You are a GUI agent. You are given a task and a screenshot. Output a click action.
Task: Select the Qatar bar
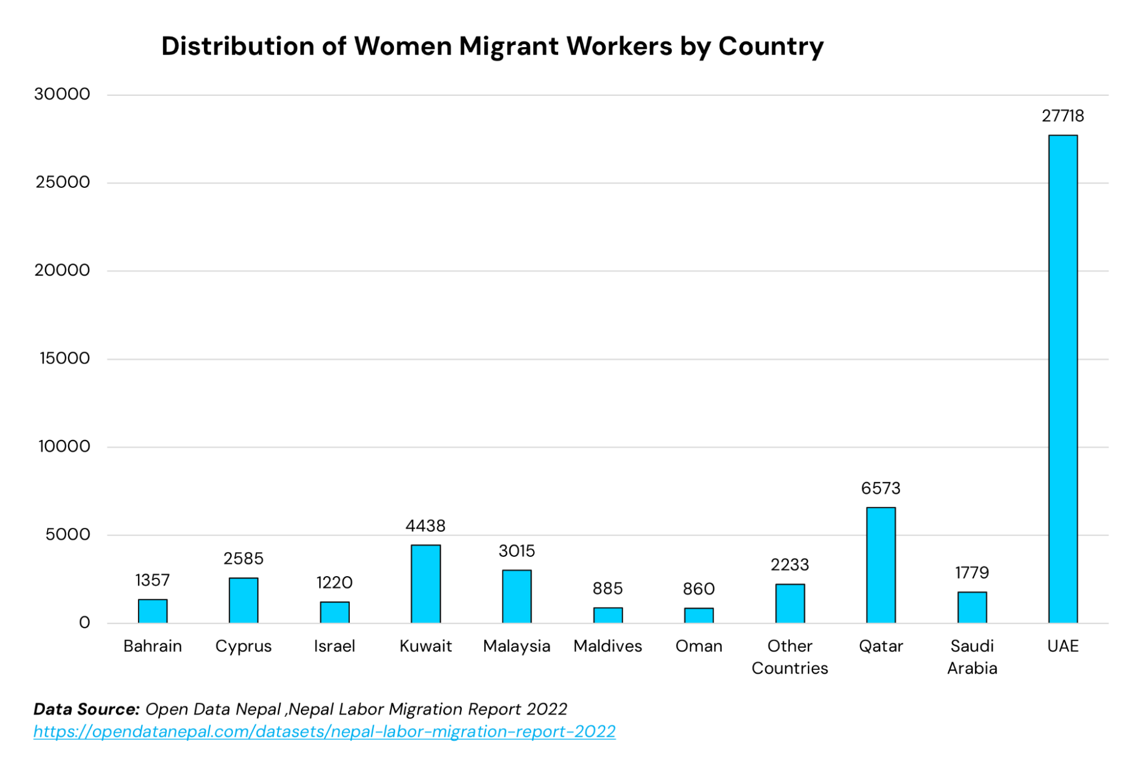tap(881, 565)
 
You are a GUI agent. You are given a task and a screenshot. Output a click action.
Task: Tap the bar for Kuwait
tap(425, 584)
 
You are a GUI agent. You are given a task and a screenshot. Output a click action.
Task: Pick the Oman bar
tap(698, 616)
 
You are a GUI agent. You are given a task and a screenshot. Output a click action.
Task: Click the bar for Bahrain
tap(153, 611)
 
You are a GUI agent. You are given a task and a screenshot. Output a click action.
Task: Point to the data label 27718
tap(1062, 116)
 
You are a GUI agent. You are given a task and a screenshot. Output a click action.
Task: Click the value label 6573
tap(881, 489)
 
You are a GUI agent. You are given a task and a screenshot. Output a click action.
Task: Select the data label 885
tap(608, 589)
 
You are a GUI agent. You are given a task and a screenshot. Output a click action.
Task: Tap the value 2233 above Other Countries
tap(789, 565)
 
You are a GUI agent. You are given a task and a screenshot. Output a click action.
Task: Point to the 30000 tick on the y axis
tap(62, 94)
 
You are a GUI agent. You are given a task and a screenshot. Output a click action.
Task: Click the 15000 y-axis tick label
tap(65, 359)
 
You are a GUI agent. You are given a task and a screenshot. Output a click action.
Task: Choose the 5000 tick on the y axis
tap(68, 535)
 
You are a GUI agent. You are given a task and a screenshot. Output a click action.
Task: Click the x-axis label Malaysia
tap(516, 646)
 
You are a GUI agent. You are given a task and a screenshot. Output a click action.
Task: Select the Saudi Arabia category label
tap(971, 657)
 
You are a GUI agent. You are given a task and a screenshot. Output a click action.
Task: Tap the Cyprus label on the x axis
tap(243, 646)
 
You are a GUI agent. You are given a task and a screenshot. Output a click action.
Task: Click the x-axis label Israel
tap(334, 646)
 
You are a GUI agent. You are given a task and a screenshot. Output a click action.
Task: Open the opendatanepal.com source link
tap(324, 732)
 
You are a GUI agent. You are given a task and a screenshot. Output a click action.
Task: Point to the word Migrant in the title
tap(508, 47)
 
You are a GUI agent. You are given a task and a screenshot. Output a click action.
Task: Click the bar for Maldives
tap(608, 615)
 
